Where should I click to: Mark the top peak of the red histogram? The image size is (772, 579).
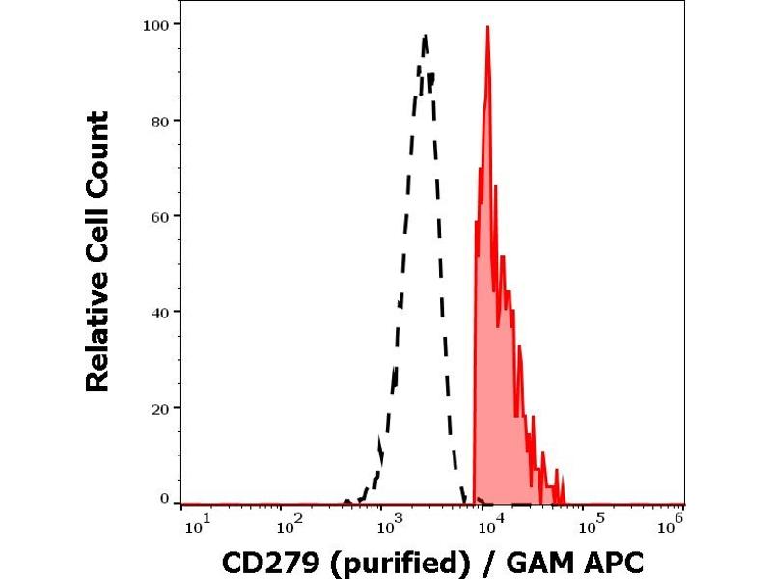(488, 27)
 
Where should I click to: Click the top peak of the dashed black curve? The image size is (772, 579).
(425, 35)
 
